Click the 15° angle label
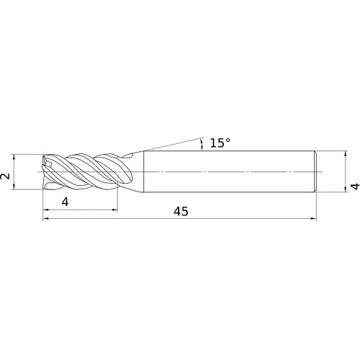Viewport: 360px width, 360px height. (x=220, y=143)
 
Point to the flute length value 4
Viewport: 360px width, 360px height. (x=66, y=202)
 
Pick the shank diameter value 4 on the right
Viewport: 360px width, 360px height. (x=354, y=186)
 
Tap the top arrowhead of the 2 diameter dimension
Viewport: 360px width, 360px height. (x=14, y=156)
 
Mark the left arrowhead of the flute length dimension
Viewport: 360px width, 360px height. (x=47, y=210)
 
